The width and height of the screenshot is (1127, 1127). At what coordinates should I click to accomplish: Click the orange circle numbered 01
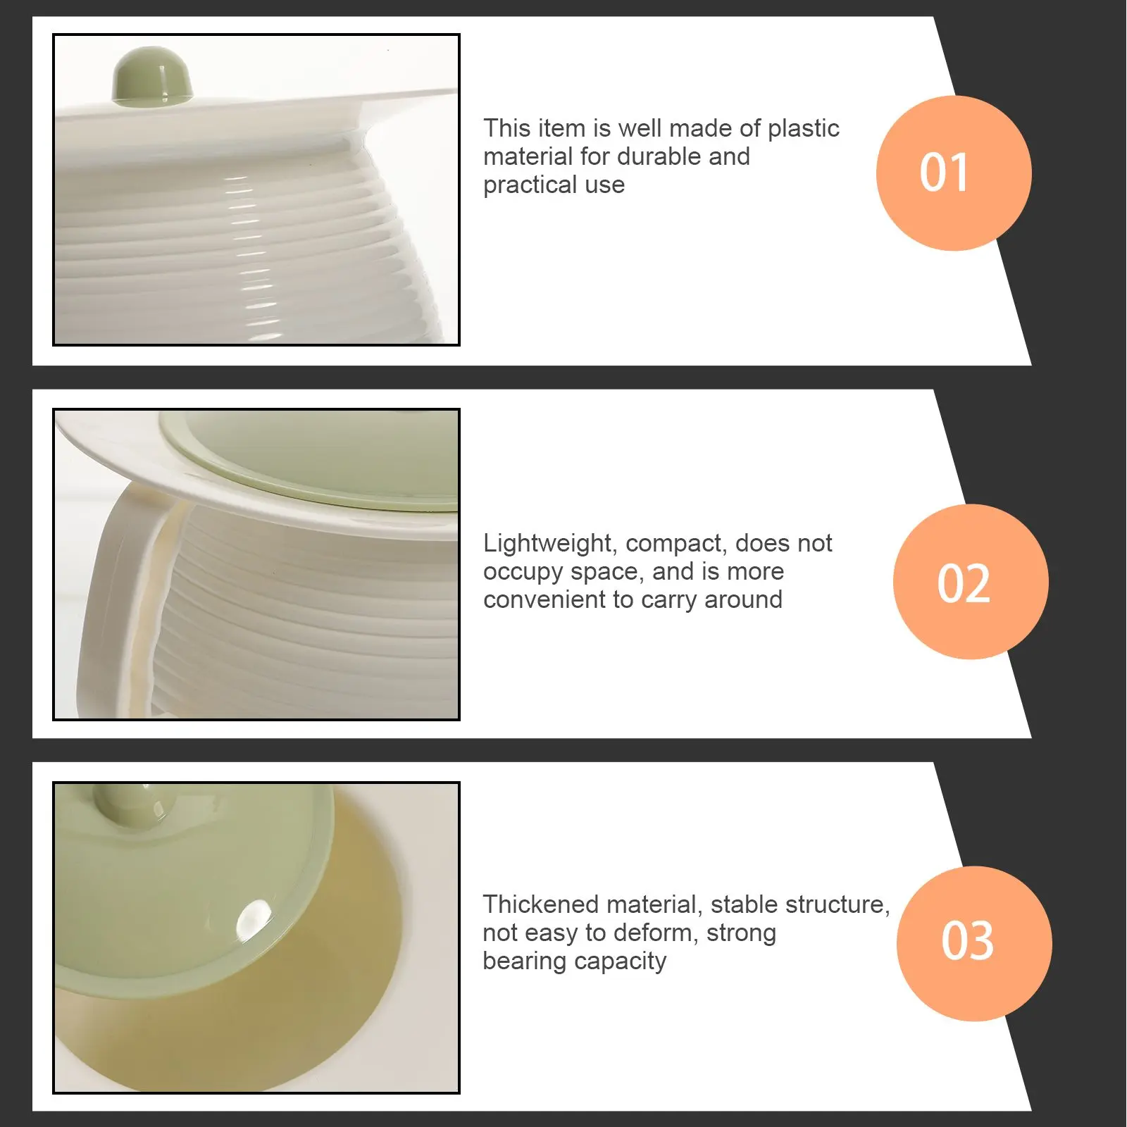[x=954, y=173]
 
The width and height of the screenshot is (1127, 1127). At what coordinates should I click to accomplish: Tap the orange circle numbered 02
[x=971, y=582]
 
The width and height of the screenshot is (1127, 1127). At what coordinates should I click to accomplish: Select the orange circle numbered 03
[x=974, y=943]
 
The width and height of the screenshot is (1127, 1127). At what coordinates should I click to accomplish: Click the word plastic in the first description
[x=803, y=129]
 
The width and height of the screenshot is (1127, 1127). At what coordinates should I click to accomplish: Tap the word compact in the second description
[x=677, y=544]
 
